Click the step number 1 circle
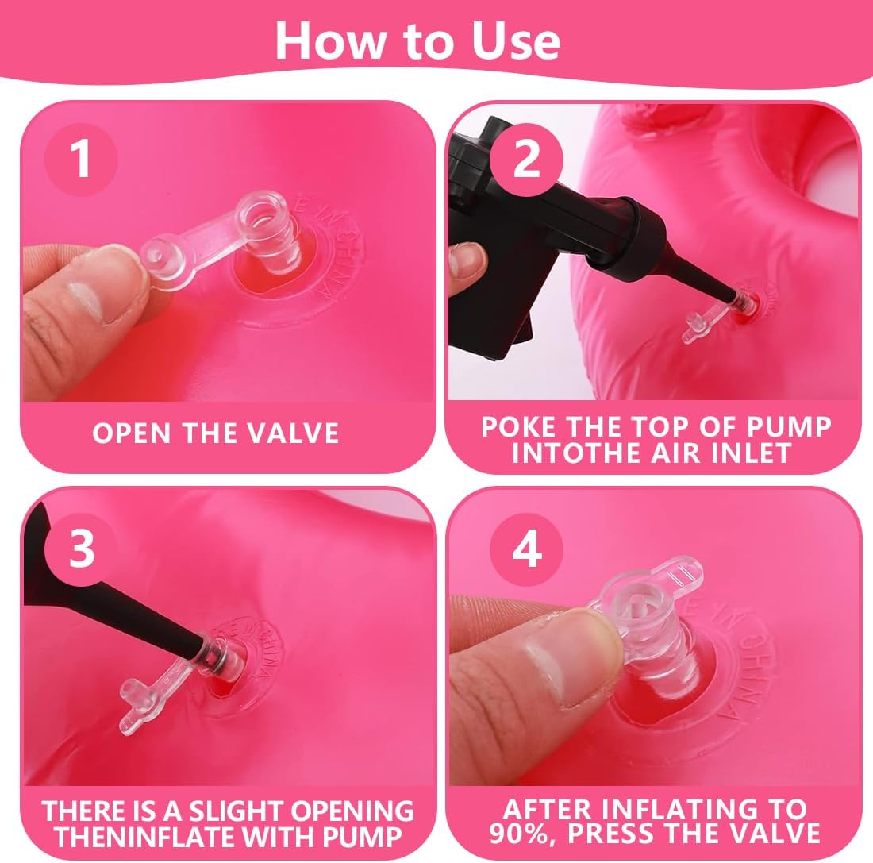pyautogui.click(x=81, y=160)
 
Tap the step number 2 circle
pyautogui.click(x=526, y=160)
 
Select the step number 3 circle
pyautogui.click(x=81, y=549)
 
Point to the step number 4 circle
pyautogui.click(x=526, y=549)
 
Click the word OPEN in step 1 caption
pyautogui.click(x=132, y=433)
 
